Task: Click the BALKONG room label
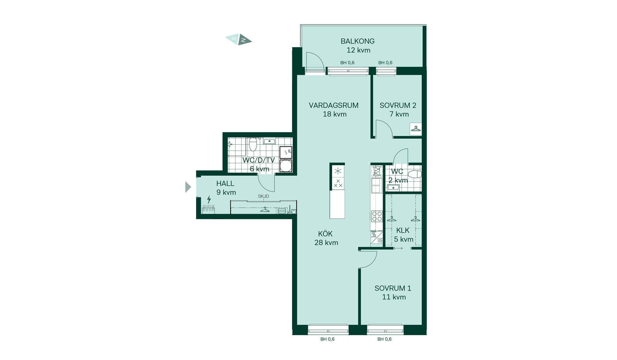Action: [357, 41]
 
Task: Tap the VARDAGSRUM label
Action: [334, 105]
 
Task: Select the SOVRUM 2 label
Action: [398, 105]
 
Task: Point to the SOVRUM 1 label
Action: [393, 288]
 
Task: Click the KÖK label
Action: [325, 234]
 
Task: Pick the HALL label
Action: [225, 184]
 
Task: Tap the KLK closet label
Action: [403, 230]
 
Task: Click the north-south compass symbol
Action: [238, 40]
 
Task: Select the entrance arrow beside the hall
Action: [188, 187]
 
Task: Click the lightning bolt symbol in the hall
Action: [209, 200]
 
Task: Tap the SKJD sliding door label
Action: [264, 196]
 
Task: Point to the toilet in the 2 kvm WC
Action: [415, 174]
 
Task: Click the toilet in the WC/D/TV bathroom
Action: [253, 144]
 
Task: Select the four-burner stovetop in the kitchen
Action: [377, 216]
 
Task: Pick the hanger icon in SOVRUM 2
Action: [416, 129]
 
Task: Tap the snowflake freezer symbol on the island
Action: [338, 171]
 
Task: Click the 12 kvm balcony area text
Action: [358, 50]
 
